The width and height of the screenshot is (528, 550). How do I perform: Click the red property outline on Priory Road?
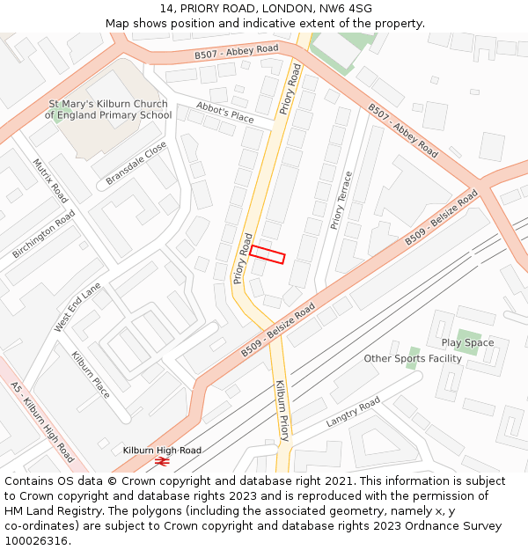tap(268, 254)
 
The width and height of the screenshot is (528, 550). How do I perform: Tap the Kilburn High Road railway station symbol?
tap(161, 460)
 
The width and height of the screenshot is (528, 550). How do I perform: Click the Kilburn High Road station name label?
tap(162, 450)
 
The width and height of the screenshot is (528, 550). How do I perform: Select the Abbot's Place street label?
tap(224, 114)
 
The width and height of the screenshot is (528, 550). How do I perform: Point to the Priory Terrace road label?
tap(341, 201)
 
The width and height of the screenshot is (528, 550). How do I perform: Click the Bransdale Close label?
tap(136, 164)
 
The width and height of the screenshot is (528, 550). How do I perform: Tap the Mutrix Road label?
tap(50, 180)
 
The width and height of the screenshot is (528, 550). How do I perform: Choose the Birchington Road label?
tap(44, 234)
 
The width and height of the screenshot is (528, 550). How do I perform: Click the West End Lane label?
tap(77, 307)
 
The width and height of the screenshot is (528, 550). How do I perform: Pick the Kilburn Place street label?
tap(91, 375)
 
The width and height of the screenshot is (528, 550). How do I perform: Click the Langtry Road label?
tap(353, 412)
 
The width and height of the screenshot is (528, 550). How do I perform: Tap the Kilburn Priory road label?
tap(282, 411)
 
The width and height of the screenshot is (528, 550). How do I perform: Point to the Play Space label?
tap(467, 342)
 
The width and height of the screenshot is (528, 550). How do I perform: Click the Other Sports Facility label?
tap(413, 358)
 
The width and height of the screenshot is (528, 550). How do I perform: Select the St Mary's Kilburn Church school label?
tap(109, 109)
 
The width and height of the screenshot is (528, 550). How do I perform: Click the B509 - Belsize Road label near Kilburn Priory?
tap(278, 330)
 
